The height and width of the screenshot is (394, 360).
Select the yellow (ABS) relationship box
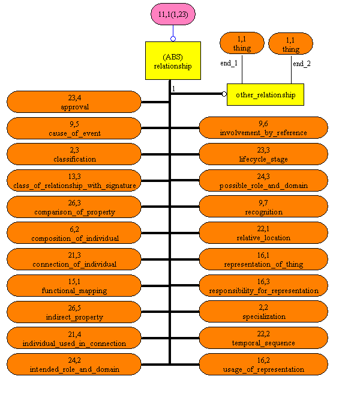click(173, 61)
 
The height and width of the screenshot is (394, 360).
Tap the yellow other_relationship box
click(265, 94)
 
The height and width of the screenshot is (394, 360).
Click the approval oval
click(75, 102)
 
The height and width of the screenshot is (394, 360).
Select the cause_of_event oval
click(75, 128)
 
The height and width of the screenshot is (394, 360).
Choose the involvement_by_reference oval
click(263, 128)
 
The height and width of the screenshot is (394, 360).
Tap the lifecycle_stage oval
click(263, 154)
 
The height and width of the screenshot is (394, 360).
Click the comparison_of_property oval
click(75, 207)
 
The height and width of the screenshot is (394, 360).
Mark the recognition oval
click(263, 207)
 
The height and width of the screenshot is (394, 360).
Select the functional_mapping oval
click(75, 286)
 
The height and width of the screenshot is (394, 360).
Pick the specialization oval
click(263, 312)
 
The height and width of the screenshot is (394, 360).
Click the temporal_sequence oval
click(263, 338)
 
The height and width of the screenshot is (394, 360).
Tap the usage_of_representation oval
click(263, 365)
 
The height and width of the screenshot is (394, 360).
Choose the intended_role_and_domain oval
click(75, 365)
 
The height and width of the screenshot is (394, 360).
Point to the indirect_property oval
click(75, 312)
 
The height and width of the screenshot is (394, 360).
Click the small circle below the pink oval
click(173, 39)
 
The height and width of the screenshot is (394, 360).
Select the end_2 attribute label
click(301, 62)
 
